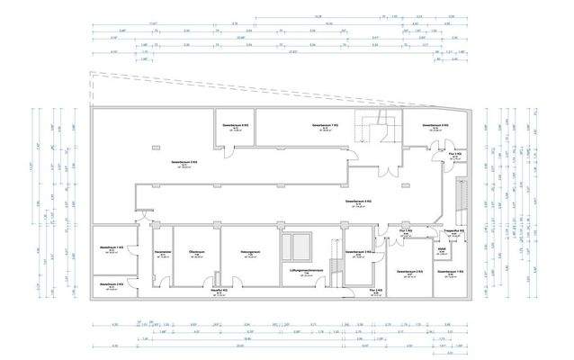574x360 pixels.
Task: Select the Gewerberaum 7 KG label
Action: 325,124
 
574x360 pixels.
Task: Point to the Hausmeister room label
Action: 163,252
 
